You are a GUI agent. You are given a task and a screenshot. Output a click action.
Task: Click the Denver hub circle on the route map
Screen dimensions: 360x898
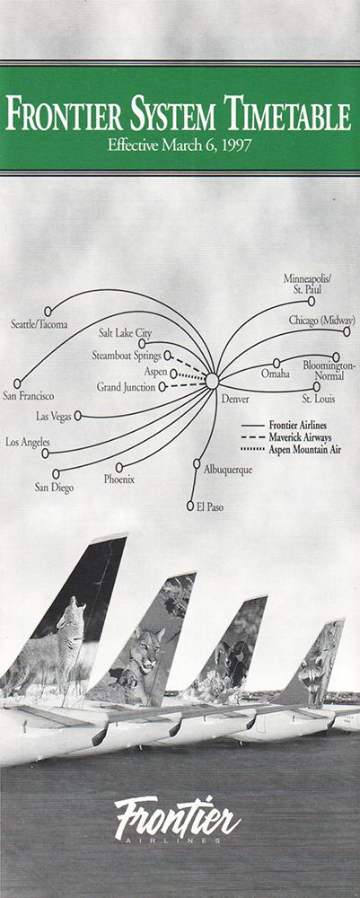tap(212, 380)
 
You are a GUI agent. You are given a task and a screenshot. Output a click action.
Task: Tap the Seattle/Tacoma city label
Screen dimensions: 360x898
tap(39, 324)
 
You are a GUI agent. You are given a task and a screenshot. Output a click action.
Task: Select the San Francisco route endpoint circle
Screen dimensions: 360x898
tap(17, 383)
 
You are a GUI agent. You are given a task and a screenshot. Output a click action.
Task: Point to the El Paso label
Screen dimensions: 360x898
tap(210, 506)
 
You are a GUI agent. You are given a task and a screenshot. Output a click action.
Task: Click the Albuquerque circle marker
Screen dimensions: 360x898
tap(197, 463)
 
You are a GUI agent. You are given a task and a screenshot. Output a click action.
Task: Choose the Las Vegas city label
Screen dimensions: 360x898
tap(54, 417)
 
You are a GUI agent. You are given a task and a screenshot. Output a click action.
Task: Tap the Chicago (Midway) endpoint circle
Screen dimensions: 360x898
tap(347, 331)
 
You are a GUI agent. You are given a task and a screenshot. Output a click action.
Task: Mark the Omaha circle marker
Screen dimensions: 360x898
tap(277, 363)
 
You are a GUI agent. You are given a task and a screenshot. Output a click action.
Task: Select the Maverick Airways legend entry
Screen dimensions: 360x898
tap(286, 437)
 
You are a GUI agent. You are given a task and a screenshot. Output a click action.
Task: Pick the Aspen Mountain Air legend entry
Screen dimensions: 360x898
tap(291, 450)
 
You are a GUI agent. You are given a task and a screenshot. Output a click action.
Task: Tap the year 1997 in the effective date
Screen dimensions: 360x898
tap(239, 145)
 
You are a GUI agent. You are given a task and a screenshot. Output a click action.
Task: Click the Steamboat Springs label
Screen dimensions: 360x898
tap(127, 356)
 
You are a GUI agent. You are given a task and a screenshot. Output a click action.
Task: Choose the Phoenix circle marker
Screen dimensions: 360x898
tap(119, 467)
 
